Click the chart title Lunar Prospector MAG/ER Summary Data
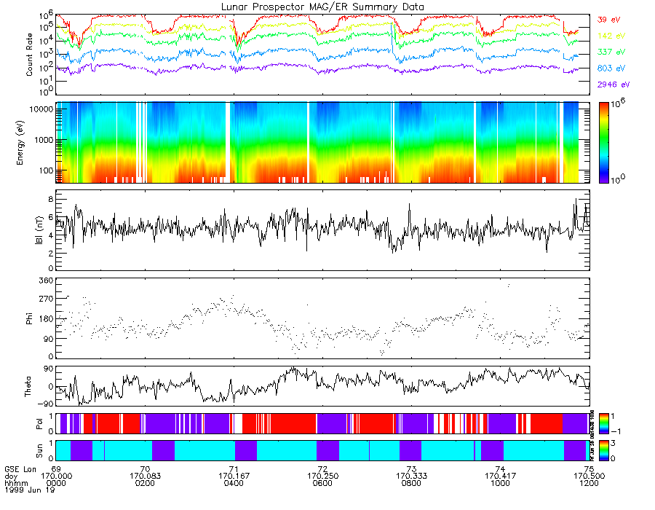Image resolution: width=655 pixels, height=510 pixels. point(322,7)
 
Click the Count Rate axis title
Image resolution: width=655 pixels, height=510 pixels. point(30,54)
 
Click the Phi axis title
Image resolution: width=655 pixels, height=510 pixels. point(30,318)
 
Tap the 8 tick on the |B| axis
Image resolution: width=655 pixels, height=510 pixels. point(51,198)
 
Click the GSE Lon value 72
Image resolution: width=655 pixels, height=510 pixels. point(322,468)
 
